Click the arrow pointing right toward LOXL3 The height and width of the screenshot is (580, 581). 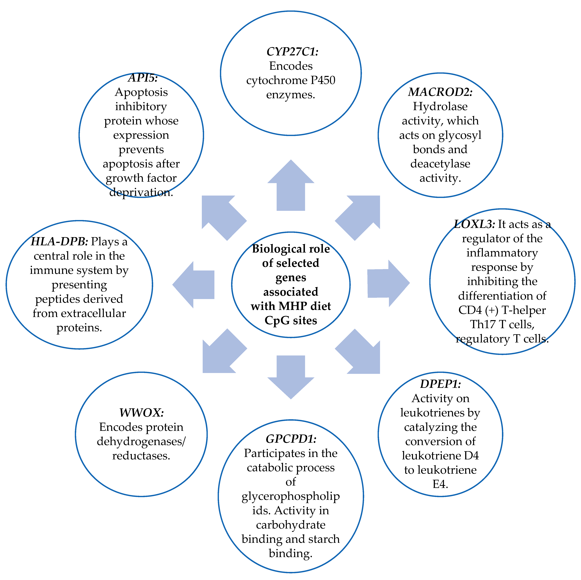pyautogui.click(x=388, y=283)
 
